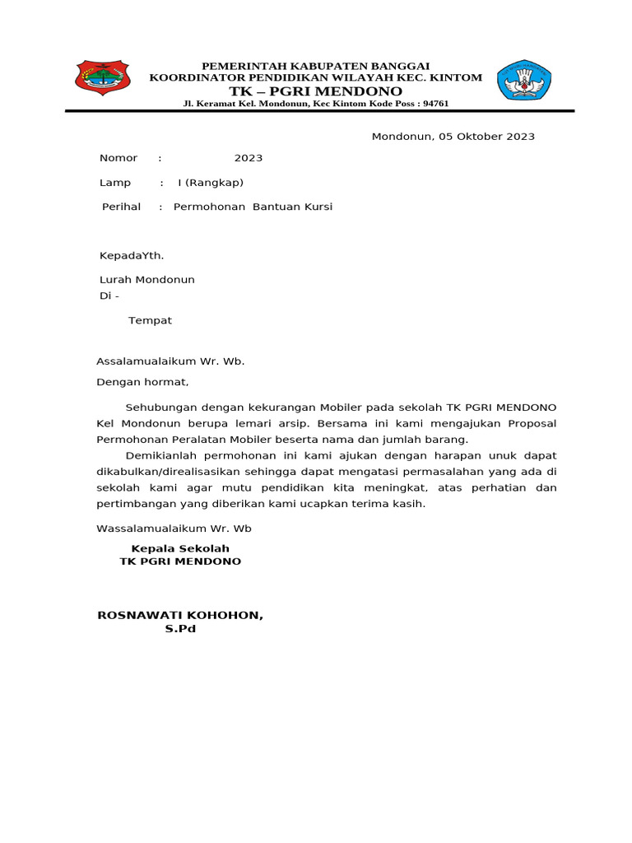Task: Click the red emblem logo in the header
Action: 102,79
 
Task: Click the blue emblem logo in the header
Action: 524,80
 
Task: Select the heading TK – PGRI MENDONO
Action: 315,91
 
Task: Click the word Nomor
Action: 118,158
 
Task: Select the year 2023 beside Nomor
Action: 249,158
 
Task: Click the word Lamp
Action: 115,183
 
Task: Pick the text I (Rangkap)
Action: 211,183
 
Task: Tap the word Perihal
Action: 121,207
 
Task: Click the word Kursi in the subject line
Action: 318,207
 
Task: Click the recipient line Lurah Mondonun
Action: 147,280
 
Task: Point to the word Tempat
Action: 150,320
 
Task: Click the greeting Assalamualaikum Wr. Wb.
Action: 170,361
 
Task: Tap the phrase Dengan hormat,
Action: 143,382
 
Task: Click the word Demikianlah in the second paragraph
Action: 163,455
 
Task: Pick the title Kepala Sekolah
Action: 180,548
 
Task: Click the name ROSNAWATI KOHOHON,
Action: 180,615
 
